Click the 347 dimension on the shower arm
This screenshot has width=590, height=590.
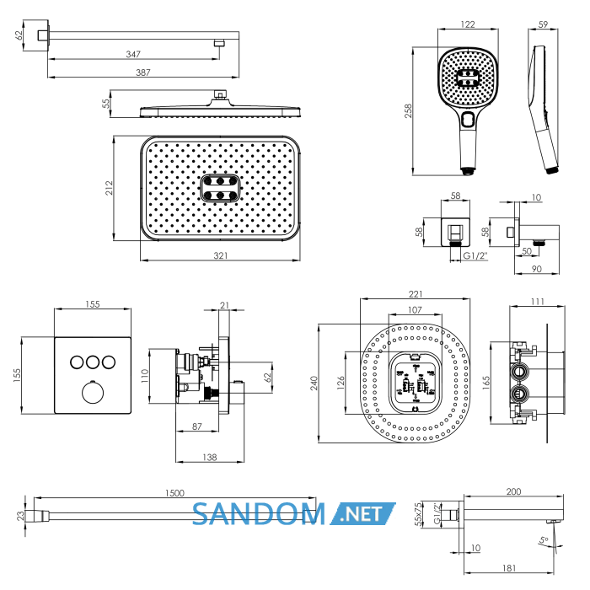pyautogui.click(x=133, y=54)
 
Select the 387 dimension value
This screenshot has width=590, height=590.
pyautogui.click(x=143, y=72)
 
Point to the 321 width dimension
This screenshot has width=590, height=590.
pyautogui.click(x=221, y=255)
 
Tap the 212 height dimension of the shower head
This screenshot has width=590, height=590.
pyautogui.click(x=109, y=188)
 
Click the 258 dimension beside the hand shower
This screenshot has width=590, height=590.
pyautogui.click(x=408, y=111)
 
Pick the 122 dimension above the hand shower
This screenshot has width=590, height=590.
pyautogui.click(x=468, y=24)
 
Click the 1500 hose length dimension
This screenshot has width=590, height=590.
pyautogui.click(x=174, y=493)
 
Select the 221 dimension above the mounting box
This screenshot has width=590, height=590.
pyautogui.click(x=416, y=294)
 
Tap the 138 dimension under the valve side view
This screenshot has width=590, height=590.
pyautogui.click(x=210, y=457)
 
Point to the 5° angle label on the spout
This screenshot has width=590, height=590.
pyautogui.click(x=544, y=541)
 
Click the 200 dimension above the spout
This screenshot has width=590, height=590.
pyautogui.click(x=513, y=491)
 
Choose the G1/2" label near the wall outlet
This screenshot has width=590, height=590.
pyautogui.click(x=475, y=255)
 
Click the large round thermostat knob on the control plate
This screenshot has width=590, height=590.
pyautogui.click(x=93, y=392)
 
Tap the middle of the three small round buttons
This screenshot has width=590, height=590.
pyautogui.click(x=93, y=362)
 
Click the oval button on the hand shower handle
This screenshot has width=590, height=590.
pyautogui.click(x=468, y=120)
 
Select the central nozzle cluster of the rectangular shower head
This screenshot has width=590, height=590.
pyautogui.click(x=220, y=188)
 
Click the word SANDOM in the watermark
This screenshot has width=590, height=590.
pyautogui.click(x=259, y=513)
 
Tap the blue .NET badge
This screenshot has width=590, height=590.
pyautogui.click(x=362, y=513)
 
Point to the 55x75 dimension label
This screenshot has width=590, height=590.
pyautogui.click(x=418, y=514)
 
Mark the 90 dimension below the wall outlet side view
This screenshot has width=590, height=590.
pyautogui.click(x=537, y=269)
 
